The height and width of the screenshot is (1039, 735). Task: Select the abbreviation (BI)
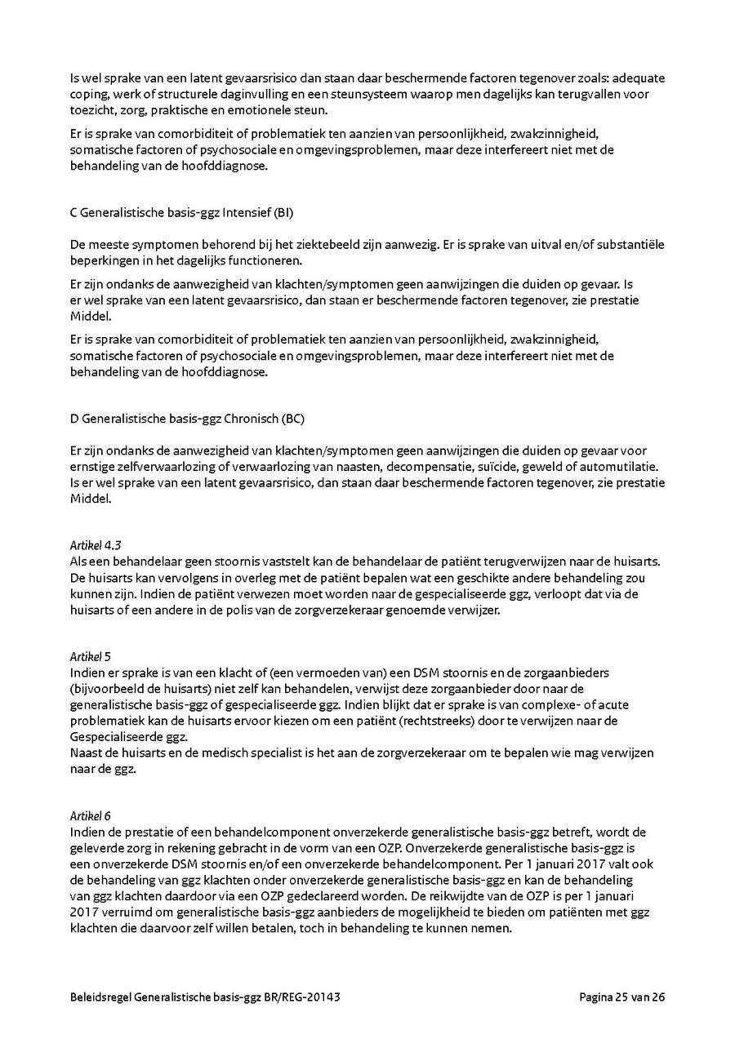(283, 214)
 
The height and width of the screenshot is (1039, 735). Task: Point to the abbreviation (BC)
(292, 419)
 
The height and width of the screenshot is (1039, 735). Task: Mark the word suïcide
(479, 467)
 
